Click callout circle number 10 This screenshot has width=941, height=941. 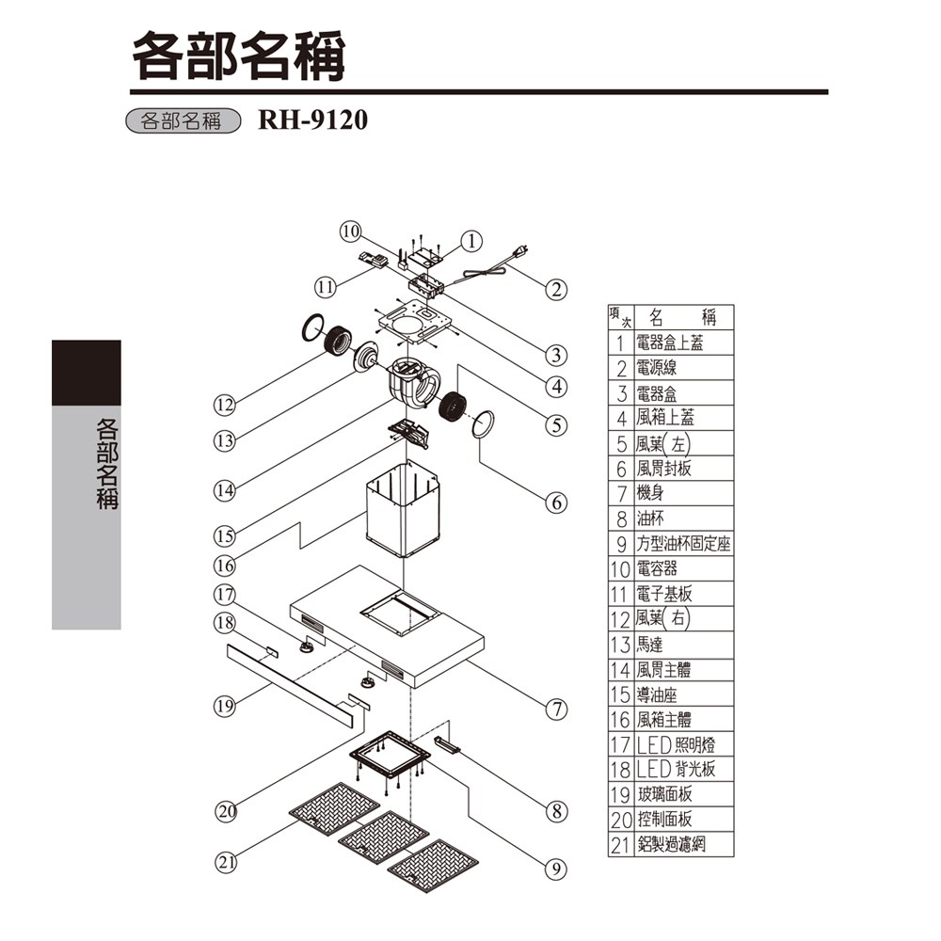pos(350,231)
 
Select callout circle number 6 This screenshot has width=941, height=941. pos(557,502)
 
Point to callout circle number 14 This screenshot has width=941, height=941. pos(224,489)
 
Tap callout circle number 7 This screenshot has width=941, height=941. pos(557,709)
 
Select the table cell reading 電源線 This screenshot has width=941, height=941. pos(657,368)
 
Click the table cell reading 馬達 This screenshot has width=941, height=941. pos(650,646)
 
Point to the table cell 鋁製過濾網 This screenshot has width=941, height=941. pos(671,845)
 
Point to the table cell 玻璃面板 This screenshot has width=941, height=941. pos(664,795)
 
